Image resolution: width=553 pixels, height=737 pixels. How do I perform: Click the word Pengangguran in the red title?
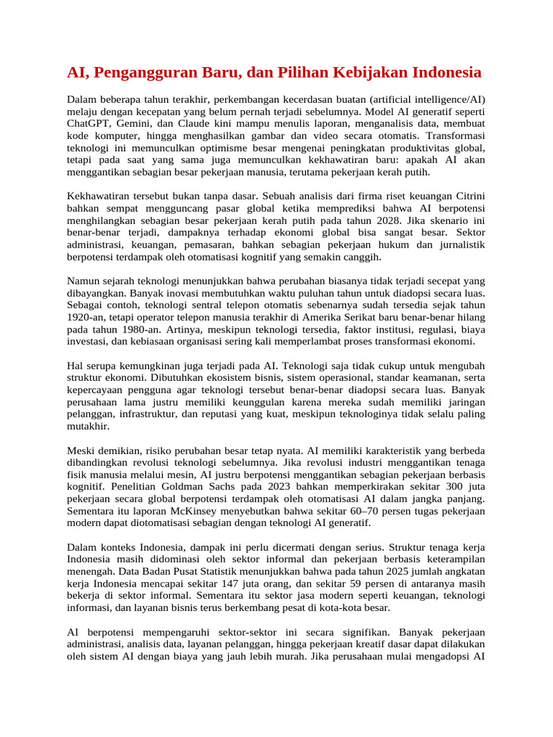click(145, 73)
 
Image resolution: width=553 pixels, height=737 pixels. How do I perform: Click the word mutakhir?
click(88, 425)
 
